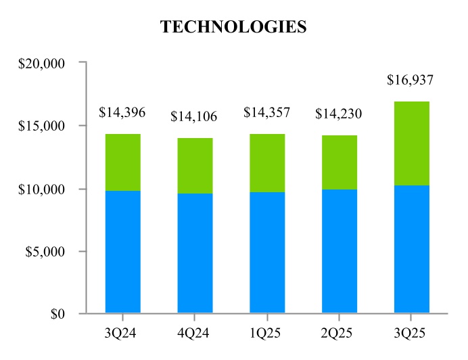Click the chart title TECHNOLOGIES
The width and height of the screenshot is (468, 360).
point(233,27)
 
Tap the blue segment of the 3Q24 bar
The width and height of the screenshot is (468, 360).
point(123,252)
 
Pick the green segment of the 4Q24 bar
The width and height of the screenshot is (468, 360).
point(195,166)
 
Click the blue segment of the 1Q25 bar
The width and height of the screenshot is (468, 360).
point(267,252)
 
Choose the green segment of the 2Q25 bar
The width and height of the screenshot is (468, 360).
point(339,162)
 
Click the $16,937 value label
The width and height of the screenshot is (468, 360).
point(410,80)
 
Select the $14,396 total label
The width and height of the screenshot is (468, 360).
point(122,112)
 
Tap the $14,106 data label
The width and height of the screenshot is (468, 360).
point(194,116)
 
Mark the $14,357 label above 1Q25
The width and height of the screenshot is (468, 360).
point(266,112)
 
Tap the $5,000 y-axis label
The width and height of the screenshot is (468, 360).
point(45,252)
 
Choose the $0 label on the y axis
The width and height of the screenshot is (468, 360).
point(55,314)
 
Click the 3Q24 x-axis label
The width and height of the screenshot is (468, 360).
point(123,334)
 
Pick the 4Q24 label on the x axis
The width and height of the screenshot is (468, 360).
point(195,334)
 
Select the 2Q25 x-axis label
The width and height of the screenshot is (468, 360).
point(339,334)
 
